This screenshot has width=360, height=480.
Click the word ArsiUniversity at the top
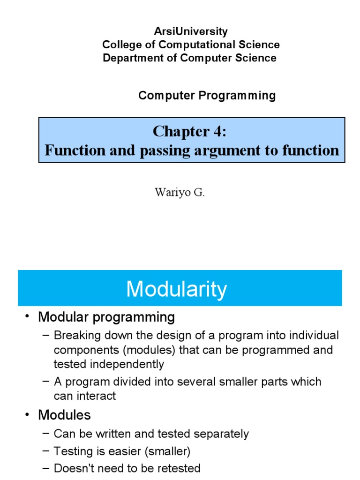[x=191, y=31]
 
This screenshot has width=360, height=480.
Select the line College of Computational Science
[x=191, y=45]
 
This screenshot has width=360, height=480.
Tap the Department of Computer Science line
[x=189, y=58]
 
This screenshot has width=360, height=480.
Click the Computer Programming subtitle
[x=207, y=96]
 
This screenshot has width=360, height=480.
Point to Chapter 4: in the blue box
[x=189, y=132]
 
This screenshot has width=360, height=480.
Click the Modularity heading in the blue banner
[x=176, y=289]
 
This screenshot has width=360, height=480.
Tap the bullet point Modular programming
[x=106, y=317]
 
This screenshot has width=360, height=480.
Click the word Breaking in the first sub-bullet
[x=74, y=336]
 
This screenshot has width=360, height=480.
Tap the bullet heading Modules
[x=64, y=415]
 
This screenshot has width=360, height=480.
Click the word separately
[x=220, y=434]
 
